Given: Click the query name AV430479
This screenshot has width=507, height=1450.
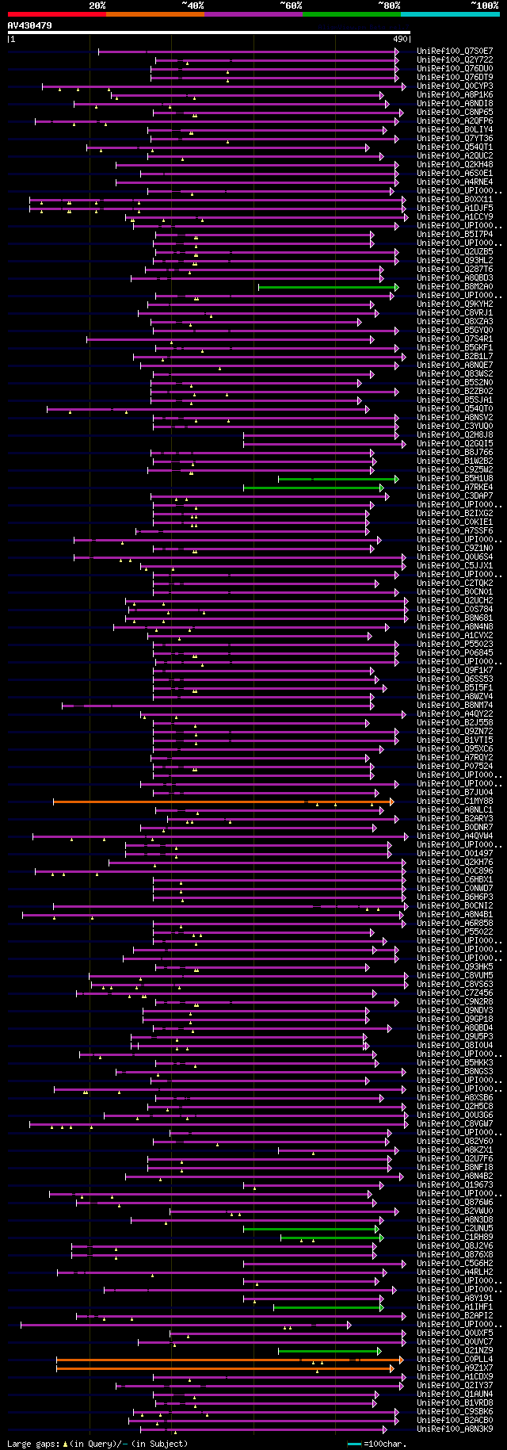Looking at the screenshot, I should (x=29, y=25).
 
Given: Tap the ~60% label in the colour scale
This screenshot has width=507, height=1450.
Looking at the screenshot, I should (x=291, y=6).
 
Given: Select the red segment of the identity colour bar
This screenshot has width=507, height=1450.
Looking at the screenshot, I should (x=56, y=14).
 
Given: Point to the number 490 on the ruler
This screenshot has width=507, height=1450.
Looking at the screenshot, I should (x=400, y=39).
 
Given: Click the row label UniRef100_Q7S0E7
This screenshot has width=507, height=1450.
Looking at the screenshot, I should (x=455, y=51).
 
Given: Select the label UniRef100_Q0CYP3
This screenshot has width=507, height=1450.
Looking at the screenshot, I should (x=455, y=86).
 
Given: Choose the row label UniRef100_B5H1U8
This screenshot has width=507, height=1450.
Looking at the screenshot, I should (x=455, y=478).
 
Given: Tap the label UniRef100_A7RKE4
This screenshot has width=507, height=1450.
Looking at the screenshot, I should (x=455, y=487).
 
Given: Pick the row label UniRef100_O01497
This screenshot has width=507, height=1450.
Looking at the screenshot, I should (x=455, y=854).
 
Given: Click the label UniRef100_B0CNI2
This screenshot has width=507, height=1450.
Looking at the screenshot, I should (x=455, y=905).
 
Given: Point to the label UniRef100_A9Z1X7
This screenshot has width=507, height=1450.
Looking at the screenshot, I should (x=455, y=1368).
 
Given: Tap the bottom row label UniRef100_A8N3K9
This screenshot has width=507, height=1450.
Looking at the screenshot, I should (x=455, y=1429).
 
